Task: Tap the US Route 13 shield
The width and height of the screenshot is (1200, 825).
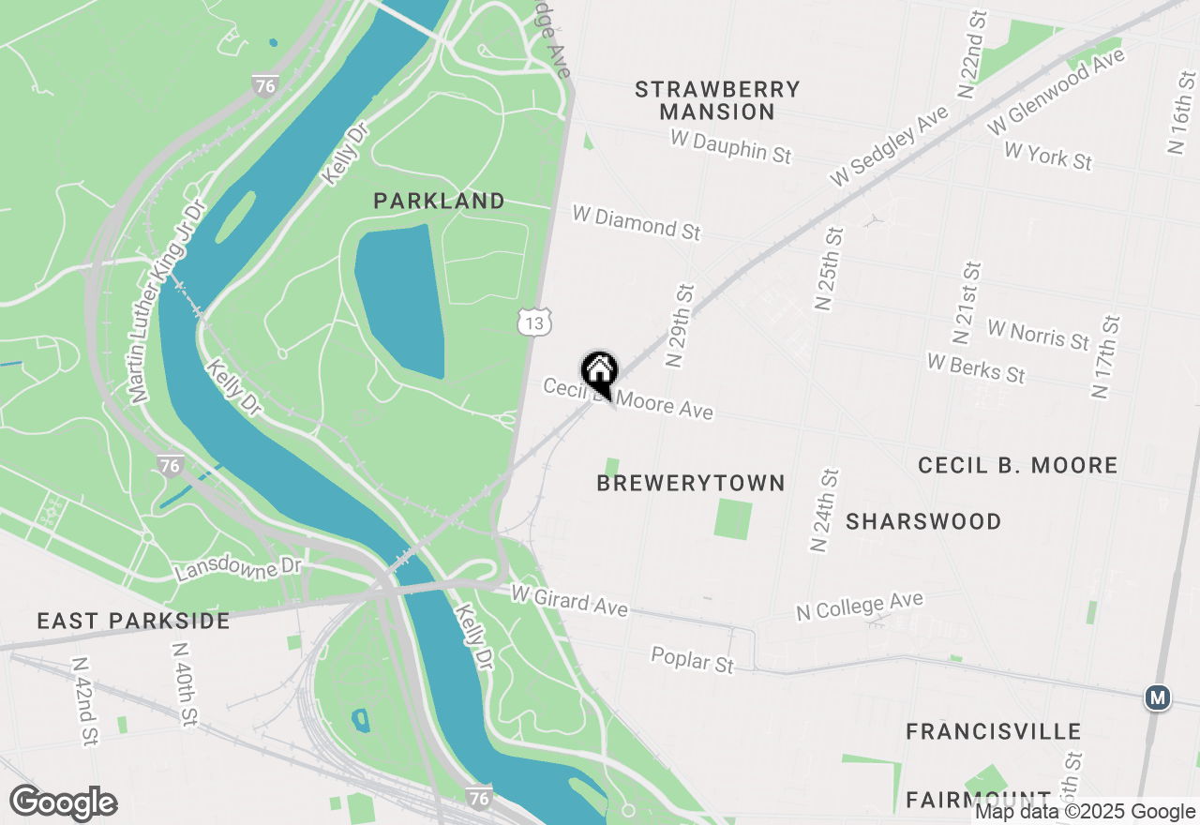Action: [533, 322]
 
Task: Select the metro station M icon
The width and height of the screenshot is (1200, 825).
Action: [1159, 697]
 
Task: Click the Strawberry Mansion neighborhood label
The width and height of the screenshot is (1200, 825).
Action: [717, 100]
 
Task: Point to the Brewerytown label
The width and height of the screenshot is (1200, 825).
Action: [691, 483]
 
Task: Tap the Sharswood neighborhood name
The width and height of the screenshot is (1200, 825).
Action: [923, 521]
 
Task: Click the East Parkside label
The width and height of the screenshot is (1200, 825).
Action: [133, 621]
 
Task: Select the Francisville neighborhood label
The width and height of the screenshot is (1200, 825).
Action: [994, 731]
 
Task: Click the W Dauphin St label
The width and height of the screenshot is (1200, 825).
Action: [731, 146]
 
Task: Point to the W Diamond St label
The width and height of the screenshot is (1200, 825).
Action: [637, 223]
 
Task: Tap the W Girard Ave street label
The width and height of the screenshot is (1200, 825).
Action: [569, 600]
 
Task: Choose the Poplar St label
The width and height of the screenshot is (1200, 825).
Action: [693, 659]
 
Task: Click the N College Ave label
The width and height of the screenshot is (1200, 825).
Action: [860, 606]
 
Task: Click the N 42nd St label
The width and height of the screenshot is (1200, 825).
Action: [85, 700]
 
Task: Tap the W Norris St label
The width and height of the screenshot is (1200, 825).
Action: [1039, 334]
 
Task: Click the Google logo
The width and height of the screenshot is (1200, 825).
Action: [64, 803]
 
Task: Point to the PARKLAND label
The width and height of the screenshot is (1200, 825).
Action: [439, 201]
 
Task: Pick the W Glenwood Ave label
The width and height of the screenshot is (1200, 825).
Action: [1056, 92]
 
